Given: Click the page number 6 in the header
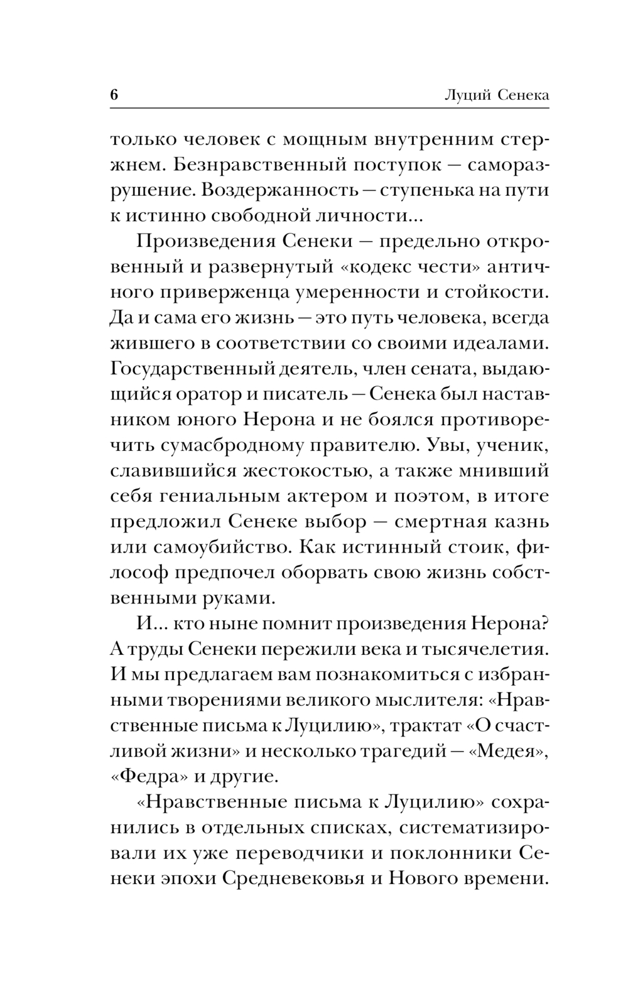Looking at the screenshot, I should [x=114, y=95].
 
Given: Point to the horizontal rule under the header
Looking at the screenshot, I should [x=330, y=108].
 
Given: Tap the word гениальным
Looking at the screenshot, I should [x=210, y=496].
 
